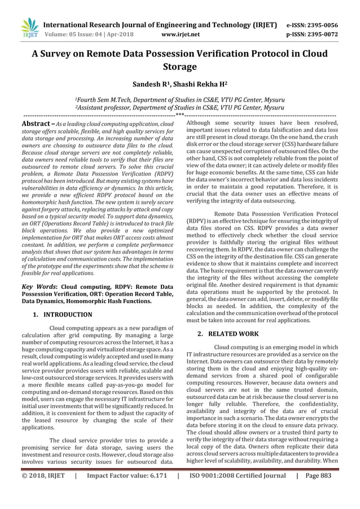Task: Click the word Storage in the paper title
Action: (x=179, y=67)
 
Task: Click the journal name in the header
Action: (x=160, y=25)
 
